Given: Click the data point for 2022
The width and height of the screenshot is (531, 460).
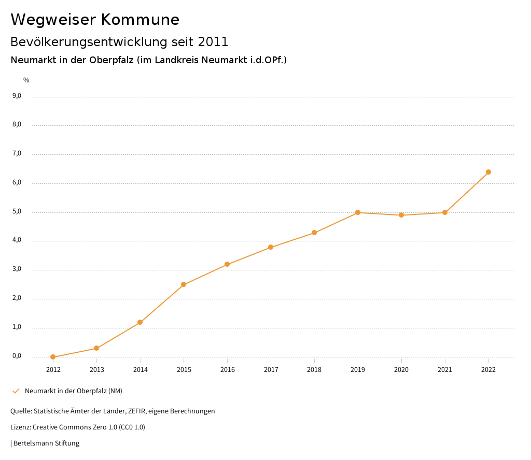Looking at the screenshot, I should [x=488, y=172].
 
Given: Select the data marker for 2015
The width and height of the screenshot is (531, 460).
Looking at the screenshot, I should [x=184, y=284].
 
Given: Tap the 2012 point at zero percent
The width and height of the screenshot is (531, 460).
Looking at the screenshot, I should [x=53, y=357].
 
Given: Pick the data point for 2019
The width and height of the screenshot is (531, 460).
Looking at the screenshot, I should [x=358, y=212].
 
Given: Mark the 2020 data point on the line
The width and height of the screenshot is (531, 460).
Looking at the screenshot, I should [x=401, y=215].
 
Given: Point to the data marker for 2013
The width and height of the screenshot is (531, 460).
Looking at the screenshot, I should [x=96, y=348].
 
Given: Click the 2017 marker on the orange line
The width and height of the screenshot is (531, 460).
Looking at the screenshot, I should [x=271, y=247].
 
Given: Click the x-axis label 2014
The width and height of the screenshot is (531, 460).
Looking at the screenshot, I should [x=140, y=370].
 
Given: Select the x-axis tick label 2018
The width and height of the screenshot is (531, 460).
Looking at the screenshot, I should [x=314, y=370].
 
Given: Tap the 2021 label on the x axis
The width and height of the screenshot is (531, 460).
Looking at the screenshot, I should [x=445, y=370].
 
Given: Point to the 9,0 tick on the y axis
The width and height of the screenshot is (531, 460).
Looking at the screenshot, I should [x=17, y=96].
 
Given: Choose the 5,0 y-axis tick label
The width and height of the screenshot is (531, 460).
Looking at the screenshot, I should [x=17, y=211].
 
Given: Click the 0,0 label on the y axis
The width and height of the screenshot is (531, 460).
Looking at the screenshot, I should [x=17, y=356].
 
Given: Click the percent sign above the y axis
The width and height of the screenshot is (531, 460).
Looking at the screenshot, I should [x=26, y=80].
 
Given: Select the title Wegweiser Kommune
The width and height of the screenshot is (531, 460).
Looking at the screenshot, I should [x=95, y=20].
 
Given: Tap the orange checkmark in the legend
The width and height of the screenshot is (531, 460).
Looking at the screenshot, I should [x=16, y=391].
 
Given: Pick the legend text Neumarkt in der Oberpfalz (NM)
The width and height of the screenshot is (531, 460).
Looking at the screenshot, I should [x=74, y=391].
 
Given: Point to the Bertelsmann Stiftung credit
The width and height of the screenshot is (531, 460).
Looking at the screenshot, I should [x=46, y=443].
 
